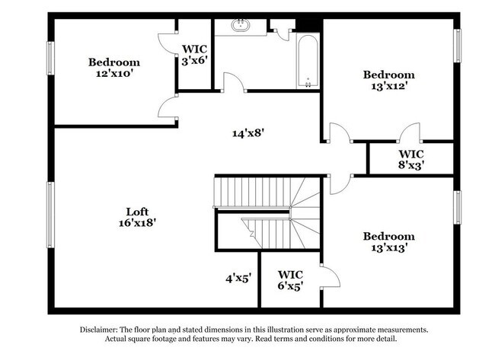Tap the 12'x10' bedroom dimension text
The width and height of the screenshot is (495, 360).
point(114,74)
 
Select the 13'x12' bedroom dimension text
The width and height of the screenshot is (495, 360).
point(388,86)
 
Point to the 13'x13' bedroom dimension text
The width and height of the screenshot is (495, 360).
point(388,248)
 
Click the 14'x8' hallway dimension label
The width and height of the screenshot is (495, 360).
point(248,132)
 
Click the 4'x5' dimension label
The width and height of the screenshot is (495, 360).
point(238,279)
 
